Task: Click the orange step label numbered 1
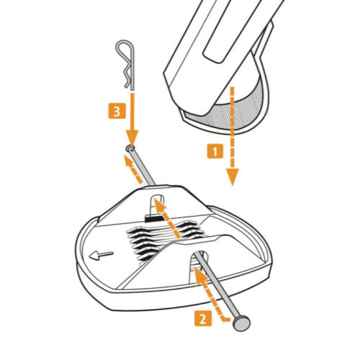(x=215, y=151)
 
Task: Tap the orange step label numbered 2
(x=203, y=318)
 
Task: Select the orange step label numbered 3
(x=117, y=111)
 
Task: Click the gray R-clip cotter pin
(x=125, y=65)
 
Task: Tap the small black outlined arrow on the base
(x=101, y=256)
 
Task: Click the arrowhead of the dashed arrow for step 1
(x=232, y=177)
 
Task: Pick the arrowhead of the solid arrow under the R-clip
(x=132, y=138)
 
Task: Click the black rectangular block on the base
(x=153, y=218)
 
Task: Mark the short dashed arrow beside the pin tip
(x=132, y=168)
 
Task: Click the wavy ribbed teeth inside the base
(x=166, y=240)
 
